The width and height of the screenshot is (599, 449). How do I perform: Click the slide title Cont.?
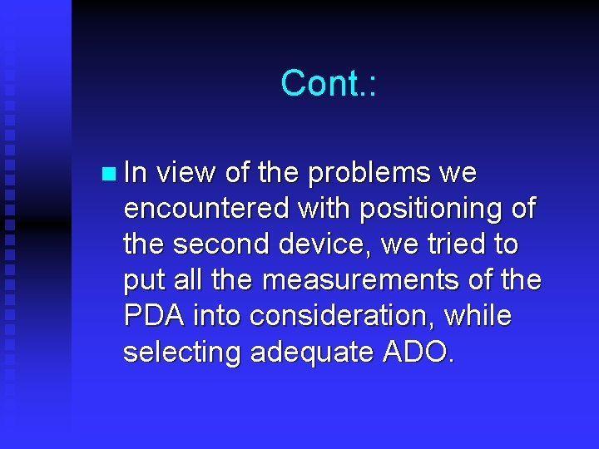(329, 83)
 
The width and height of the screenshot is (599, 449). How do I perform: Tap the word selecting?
(178, 353)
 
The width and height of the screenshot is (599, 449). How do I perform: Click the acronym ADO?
(415, 353)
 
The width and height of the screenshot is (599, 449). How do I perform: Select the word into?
(217, 317)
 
